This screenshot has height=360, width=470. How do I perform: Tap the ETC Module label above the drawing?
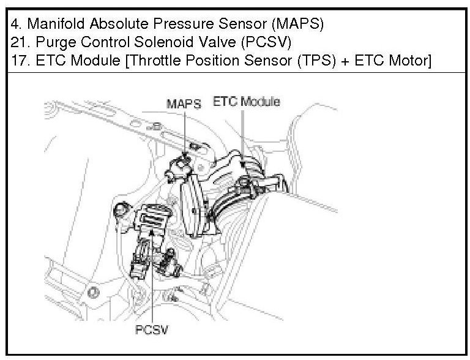pos(246,101)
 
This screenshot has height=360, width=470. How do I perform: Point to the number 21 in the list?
pos(19,43)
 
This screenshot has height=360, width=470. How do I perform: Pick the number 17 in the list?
pos(19,61)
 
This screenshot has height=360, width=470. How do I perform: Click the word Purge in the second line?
pos(51,43)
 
